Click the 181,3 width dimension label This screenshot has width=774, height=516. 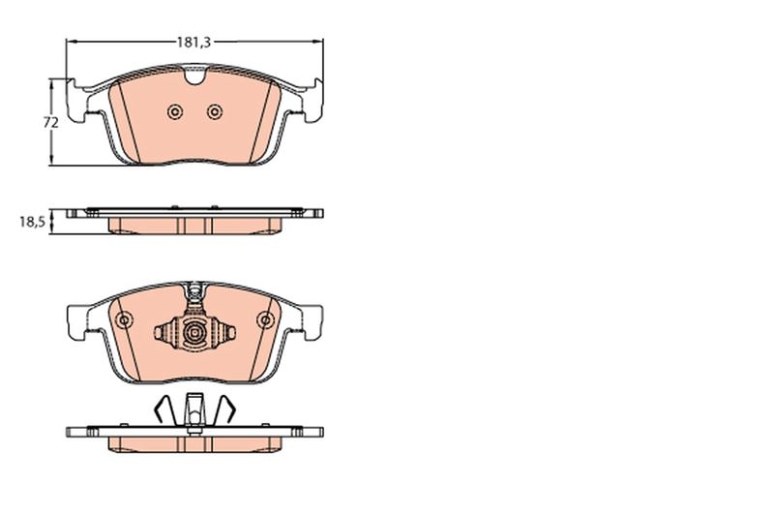click(194, 43)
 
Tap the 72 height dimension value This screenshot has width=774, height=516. click(50, 122)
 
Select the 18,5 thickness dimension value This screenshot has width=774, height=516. click(32, 222)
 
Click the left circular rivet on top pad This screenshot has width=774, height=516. click(175, 112)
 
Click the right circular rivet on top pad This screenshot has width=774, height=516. click(214, 112)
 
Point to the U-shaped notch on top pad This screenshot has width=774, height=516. click(194, 76)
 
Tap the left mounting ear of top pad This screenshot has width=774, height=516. click(76, 101)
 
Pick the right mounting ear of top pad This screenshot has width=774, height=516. click(313, 101)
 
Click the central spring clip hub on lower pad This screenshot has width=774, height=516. click(194, 333)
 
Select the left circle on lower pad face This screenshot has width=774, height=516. click(124, 320)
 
